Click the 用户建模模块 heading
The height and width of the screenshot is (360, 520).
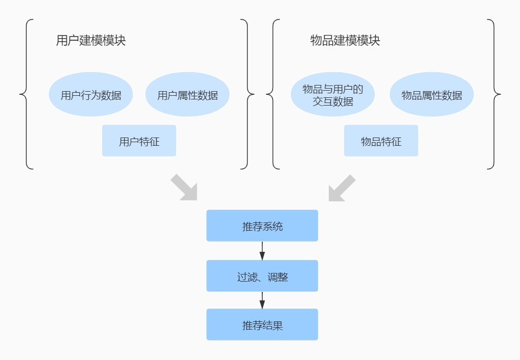[91, 41]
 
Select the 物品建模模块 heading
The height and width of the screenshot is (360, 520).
[345, 41]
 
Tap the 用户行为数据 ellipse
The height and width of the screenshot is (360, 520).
[91, 95]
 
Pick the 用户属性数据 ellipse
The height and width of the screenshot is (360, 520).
[187, 95]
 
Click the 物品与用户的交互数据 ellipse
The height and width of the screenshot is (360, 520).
[332, 95]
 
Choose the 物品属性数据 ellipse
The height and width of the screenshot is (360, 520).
[431, 95]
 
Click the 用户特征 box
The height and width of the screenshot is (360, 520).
[139, 141]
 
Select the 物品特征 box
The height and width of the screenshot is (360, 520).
[381, 141]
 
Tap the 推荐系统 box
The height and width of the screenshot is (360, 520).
[262, 226]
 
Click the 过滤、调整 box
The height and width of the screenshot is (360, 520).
[262, 276]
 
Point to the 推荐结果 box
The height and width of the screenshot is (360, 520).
[262, 324]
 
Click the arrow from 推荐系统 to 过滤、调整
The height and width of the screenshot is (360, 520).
[262, 250]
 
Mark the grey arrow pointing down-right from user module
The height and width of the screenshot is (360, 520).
[184, 187]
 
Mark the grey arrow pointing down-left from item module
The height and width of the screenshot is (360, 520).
[341, 187]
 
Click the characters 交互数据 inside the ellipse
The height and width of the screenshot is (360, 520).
[333, 101]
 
